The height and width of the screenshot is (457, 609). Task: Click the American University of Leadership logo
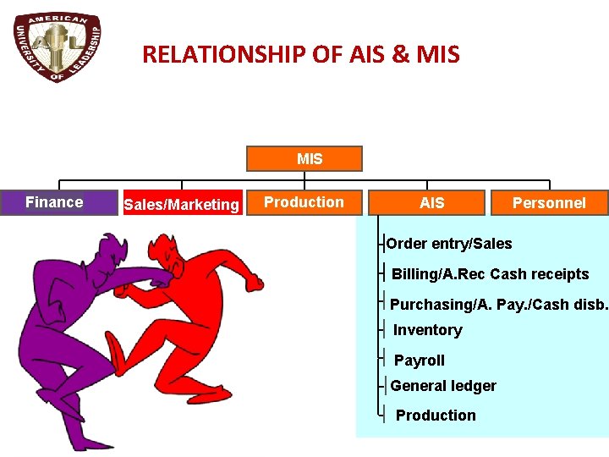[x=58, y=48]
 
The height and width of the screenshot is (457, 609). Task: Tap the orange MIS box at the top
[x=304, y=159]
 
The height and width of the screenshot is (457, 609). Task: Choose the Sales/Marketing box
[x=181, y=204]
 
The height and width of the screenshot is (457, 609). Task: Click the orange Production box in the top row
[x=304, y=202]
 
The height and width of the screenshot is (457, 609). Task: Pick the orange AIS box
[x=431, y=203]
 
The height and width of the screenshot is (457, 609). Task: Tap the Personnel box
[x=549, y=203]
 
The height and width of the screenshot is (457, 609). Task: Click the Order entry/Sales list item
[x=449, y=244]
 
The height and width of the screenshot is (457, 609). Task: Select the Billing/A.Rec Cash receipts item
[x=490, y=274]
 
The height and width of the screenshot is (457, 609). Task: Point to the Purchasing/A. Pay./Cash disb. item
[x=498, y=304]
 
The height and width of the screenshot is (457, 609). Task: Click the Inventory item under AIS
[x=427, y=330]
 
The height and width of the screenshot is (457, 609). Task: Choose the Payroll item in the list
[x=419, y=361]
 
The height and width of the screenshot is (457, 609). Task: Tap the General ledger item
[x=443, y=386]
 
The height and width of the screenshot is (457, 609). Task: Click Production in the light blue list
[x=436, y=416]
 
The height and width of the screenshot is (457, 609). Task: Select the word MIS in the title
[x=438, y=55]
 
